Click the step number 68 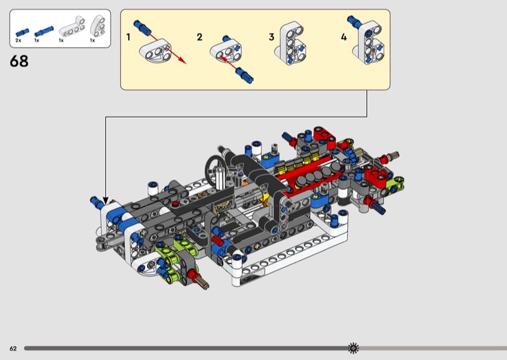pos(19,61)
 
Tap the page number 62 pos(13,349)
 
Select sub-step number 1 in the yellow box pos(129,37)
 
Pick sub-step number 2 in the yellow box pos(200,37)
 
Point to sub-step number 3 pos(272,37)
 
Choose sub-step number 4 pos(343,37)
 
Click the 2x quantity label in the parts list pos(18,41)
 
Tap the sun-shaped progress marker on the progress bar pos(354,348)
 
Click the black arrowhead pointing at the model pos(105,201)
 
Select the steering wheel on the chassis pos(214,168)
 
